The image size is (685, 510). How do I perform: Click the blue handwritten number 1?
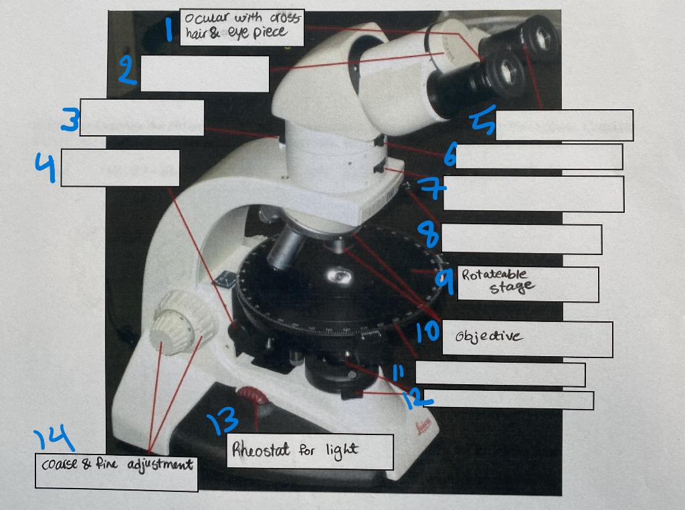[x=170, y=29]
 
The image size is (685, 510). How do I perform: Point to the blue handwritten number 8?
[x=429, y=234]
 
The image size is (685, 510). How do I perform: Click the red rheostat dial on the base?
[x=256, y=400]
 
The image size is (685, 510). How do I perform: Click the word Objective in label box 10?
[x=488, y=336]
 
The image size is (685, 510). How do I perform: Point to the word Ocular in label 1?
[x=201, y=19]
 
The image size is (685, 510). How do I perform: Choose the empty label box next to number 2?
[x=205, y=74]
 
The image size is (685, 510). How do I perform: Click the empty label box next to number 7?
[x=533, y=193]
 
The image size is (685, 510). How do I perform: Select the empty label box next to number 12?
[x=508, y=400]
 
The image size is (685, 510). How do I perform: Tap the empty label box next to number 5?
[x=564, y=125]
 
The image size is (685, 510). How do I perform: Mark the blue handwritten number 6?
[x=450, y=157]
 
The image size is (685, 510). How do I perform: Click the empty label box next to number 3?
[x=142, y=117]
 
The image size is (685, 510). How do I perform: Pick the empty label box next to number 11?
[x=500, y=374]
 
